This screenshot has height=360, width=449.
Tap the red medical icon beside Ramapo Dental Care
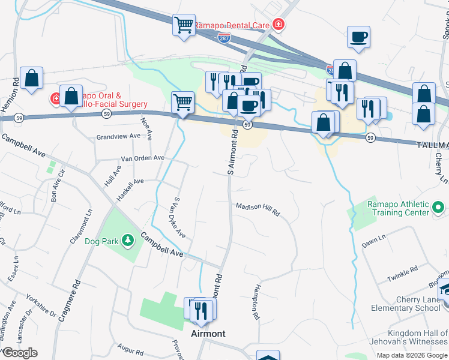[x=278, y=25]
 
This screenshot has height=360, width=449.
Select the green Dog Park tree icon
[x=127, y=241]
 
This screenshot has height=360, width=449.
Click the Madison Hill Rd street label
[x=258, y=208]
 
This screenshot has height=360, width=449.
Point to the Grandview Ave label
[x=118, y=137]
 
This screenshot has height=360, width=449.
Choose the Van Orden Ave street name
[x=142, y=158]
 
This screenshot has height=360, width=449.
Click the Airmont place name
[x=208, y=334]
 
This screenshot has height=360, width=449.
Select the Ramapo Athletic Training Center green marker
[x=438, y=208]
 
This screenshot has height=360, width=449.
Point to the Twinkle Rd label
[x=402, y=275]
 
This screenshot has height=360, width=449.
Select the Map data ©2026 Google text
[x=411, y=355]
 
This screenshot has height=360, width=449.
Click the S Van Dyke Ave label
[x=179, y=217]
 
